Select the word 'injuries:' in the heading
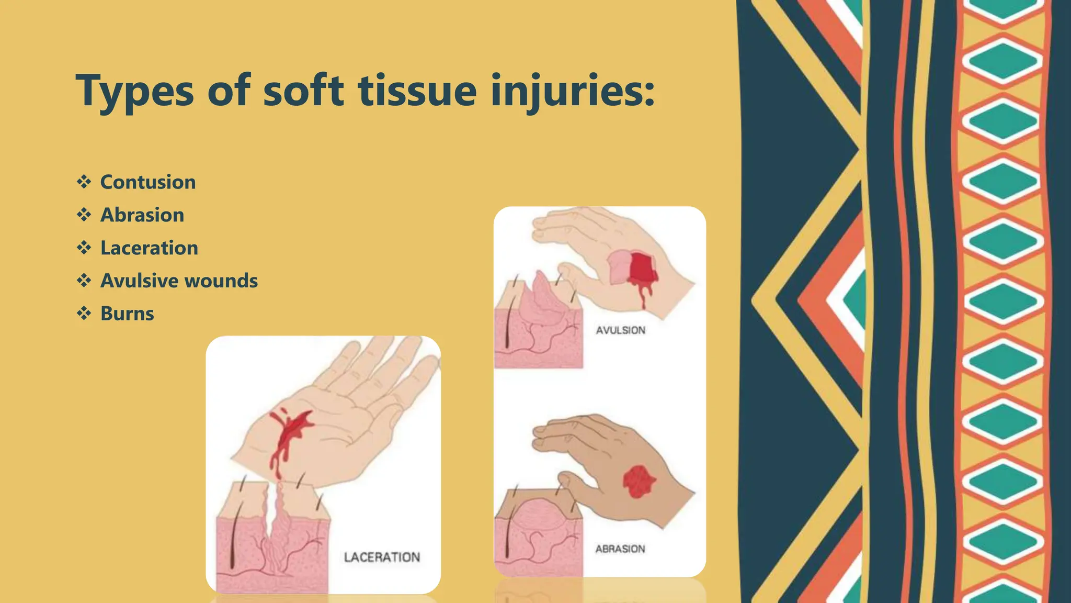573,92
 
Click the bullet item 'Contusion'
148,182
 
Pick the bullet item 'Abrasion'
142,215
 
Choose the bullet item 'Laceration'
149,248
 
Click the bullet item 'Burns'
127,314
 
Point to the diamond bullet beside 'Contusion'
84,182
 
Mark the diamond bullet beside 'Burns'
84,314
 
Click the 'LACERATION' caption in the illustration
382,557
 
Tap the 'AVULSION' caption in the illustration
621,330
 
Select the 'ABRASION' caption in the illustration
620,549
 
